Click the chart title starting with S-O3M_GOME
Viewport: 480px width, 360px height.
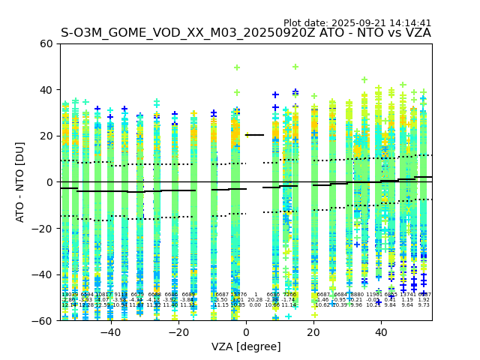pos(246,33)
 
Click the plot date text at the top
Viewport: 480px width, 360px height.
pos(357,23)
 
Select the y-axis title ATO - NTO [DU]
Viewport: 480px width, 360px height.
pos(20,181)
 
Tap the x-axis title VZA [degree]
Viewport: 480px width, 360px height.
pos(246,346)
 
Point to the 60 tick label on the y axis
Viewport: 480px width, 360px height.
pos(46,43)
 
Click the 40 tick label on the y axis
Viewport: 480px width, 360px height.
pos(46,90)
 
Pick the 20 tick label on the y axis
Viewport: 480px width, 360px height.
pos(46,136)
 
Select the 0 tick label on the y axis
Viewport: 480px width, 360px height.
pos(50,182)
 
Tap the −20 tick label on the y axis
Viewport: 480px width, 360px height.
pos(43,229)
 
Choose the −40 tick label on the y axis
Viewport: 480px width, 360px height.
pos(43,274)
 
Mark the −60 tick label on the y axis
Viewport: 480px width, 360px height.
pos(43,321)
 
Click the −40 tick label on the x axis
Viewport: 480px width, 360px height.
pos(110,331)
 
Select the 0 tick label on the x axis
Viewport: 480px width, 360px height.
pos(246,331)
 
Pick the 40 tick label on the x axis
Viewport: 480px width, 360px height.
pos(381,331)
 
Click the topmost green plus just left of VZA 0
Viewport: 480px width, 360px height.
pos(237,67)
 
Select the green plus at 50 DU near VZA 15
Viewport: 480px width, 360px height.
pos(295,67)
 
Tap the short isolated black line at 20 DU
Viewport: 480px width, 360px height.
pos(255,135)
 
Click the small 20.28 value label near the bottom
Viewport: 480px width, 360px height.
pos(255,300)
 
